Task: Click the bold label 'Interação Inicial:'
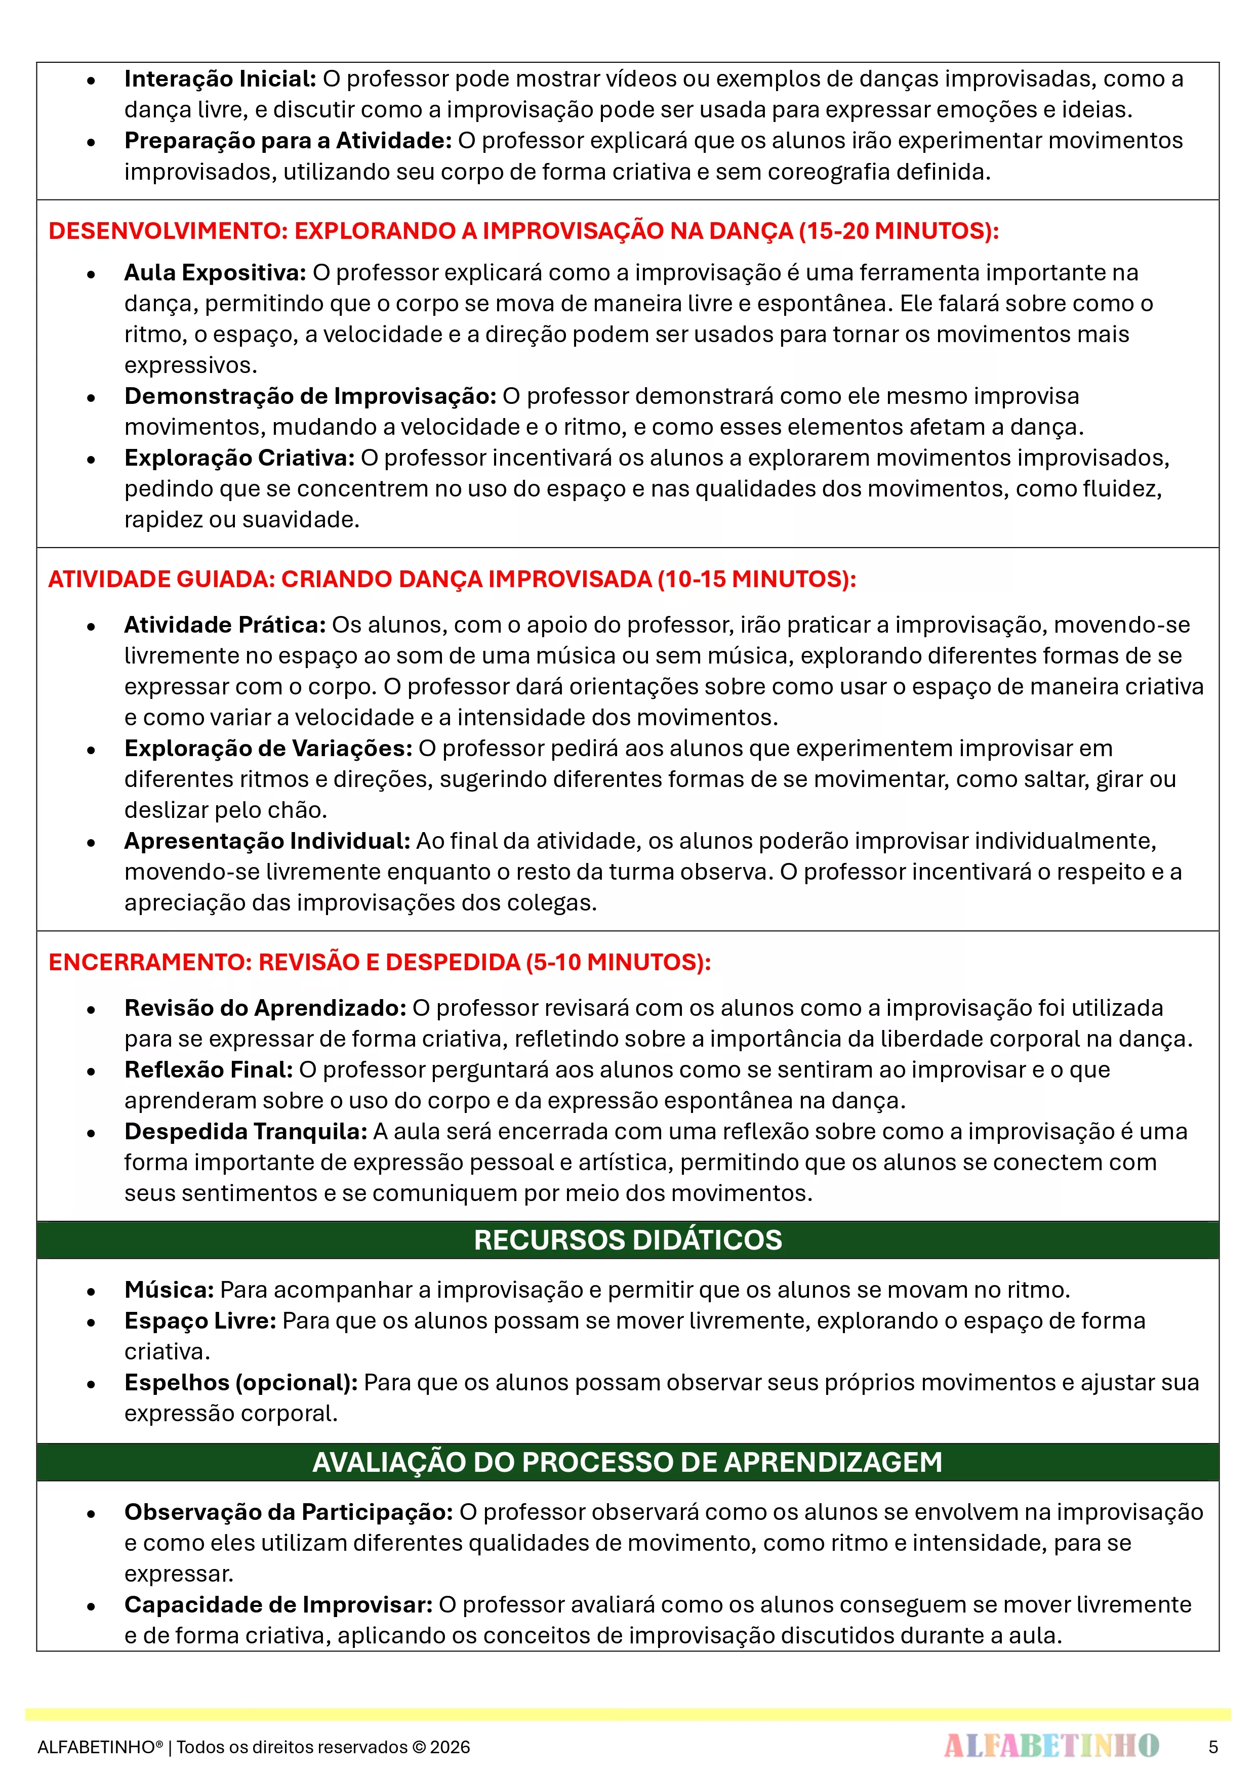[220, 79]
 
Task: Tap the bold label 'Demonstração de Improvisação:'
[309, 396]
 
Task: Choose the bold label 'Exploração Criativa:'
[239, 458]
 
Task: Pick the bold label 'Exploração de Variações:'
[268, 748]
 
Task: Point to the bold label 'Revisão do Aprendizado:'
[265, 1008]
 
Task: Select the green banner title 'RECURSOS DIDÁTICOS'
[628, 1240]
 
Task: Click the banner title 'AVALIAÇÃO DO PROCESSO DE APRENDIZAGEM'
[628, 1462]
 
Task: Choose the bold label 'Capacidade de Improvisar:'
[278, 1604]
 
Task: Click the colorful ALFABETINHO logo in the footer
[1051, 1746]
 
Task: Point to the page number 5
[1212, 1747]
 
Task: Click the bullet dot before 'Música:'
[91, 1291]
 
